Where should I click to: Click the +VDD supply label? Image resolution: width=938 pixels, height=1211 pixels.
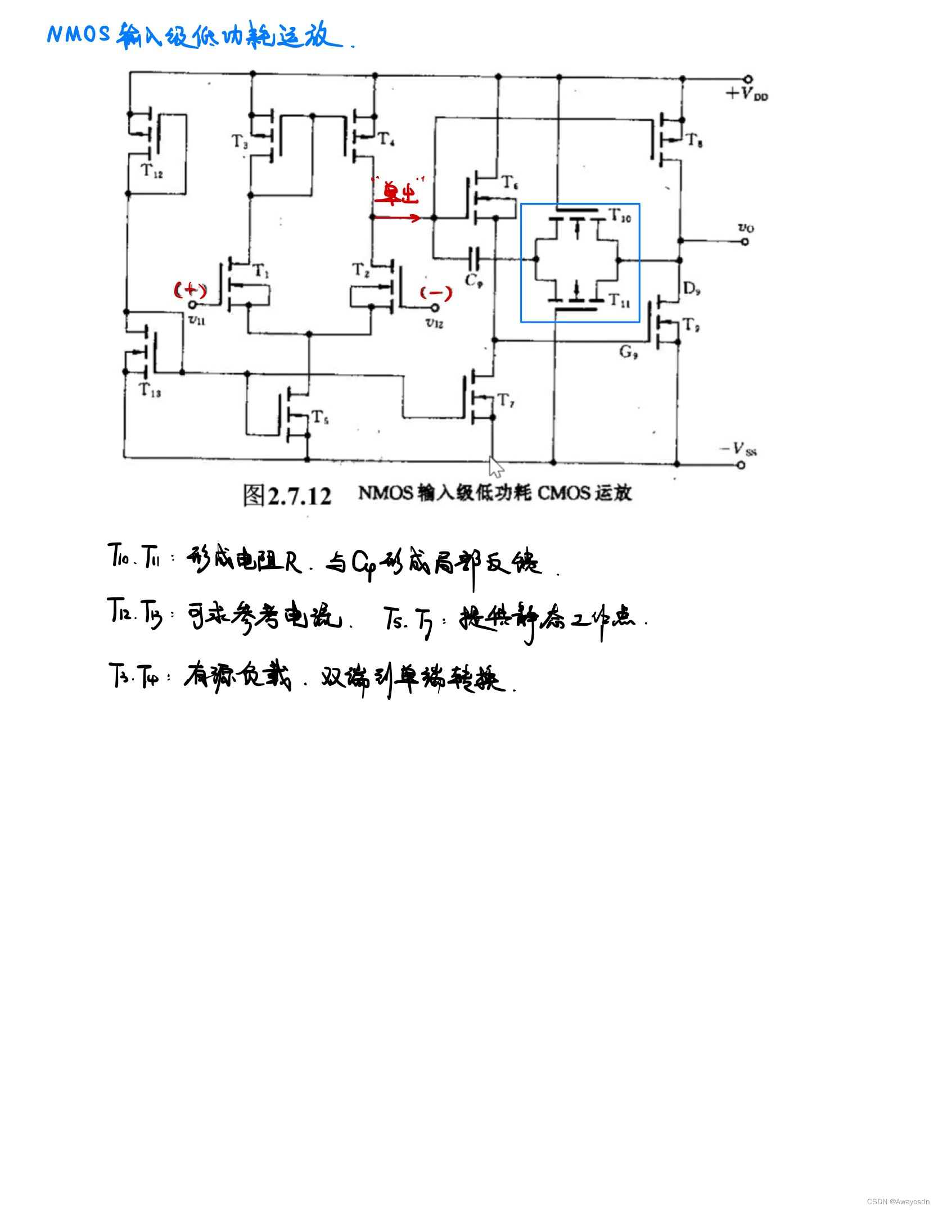pyautogui.click(x=747, y=94)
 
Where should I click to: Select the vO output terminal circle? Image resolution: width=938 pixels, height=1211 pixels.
pyautogui.click(x=745, y=242)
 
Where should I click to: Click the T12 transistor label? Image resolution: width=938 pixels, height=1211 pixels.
pyautogui.click(x=151, y=170)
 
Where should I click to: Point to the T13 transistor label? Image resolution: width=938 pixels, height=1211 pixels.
pyautogui.click(x=150, y=390)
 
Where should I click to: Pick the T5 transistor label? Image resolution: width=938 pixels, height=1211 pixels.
pyautogui.click(x=320, y=417)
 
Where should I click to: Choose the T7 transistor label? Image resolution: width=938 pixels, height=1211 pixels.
pyautogui.click(x=506, y=400)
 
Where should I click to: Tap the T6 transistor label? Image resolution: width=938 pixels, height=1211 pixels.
pyautogui.click(x=509, y=182)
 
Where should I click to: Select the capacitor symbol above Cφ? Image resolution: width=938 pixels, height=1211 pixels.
pyautogui.click(x=474, y=259)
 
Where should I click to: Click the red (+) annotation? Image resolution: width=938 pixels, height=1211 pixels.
pyautogui.click(x=190, y=290)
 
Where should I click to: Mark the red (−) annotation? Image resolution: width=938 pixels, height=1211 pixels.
pyautogui.click(x=436, y=293)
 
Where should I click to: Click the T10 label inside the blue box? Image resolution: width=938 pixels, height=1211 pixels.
pyautogui.click(x=621, y=215)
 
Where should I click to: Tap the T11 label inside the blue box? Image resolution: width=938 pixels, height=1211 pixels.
pyautogui.click(x=620, y=301)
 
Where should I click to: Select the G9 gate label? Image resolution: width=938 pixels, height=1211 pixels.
pyautogui.click(x=628, y=352)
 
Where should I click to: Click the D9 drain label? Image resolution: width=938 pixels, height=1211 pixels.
pyautogui.click(x=691, y=289)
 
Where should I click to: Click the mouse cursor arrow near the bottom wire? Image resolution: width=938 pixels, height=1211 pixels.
pyautogui.click(x=495, y=466)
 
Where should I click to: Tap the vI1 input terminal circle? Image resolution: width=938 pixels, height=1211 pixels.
pyautogui.click(x=192, y=305)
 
